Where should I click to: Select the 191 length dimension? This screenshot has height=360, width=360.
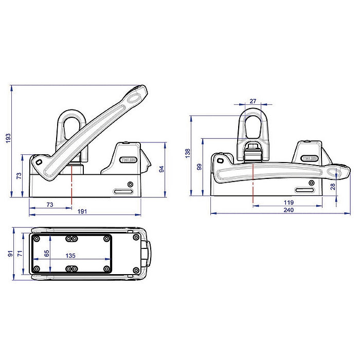click(x=83, y=211)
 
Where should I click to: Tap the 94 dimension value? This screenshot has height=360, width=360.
click(x=161, y=169)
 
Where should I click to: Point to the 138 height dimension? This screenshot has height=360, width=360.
click(x=188, y=153)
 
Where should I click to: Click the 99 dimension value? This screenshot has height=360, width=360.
click(x=200, y=167)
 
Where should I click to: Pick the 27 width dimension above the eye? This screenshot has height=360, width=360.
click(x=253, y=101)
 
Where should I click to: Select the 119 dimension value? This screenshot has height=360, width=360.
click(x=289, y=202)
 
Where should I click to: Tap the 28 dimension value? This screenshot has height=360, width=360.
click(x=333, y=186)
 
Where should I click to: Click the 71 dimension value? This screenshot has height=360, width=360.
click(x=19, y=254)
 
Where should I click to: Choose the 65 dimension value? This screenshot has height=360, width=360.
click(x=47, y=254)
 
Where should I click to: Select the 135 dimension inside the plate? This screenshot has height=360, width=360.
click(x=70, y=255)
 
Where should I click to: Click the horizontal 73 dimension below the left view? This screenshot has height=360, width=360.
click(x=49, y=204)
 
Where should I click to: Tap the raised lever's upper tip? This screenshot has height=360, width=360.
click(x=139, y=95)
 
